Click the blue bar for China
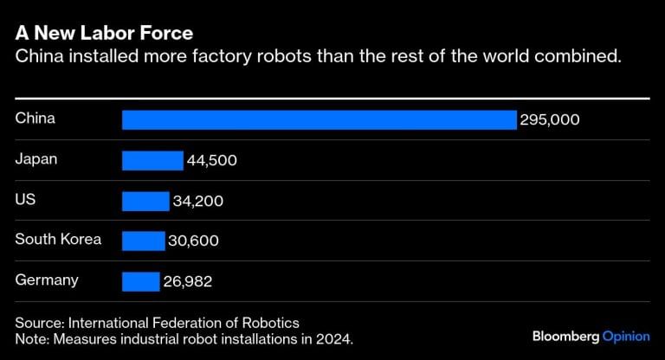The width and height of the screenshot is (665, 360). pos(319,119)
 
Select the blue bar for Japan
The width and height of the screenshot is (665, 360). pos(152,160)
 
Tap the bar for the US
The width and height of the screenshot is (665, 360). pos(145,201)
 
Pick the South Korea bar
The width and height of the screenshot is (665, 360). pos(143,241)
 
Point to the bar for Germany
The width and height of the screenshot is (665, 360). pos(140,281)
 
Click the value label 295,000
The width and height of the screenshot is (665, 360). pos(550,120)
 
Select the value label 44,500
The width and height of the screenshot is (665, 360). pos(212,161)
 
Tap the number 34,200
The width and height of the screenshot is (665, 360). pos(198,202)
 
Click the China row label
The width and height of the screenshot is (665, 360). pos(35,119)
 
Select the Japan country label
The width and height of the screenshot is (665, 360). pos(36,158)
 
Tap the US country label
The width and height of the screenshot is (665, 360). pos(25,199)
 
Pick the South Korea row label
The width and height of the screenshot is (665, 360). pos(58,239)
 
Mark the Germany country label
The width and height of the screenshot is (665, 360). pos(47,280)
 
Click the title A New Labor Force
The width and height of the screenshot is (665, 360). pos(104,34)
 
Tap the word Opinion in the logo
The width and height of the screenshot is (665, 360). pos(626,335)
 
